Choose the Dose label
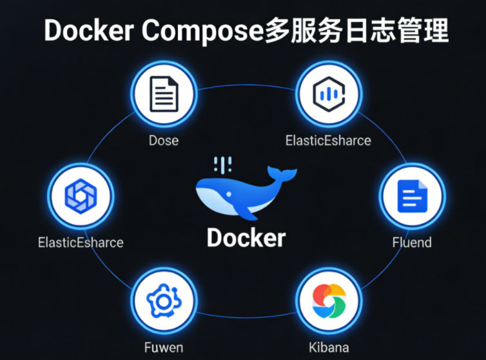point(163,140)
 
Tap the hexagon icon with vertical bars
point(328,95)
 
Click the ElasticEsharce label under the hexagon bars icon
point(328,140)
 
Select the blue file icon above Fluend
point(412,196)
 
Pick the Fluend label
point(412,243)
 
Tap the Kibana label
point(329,347)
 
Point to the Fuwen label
point(163,347)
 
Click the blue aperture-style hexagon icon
point(81,194)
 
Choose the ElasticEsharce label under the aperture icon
point(81,243)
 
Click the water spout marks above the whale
point(223,164)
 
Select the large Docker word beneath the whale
point(246,237)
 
